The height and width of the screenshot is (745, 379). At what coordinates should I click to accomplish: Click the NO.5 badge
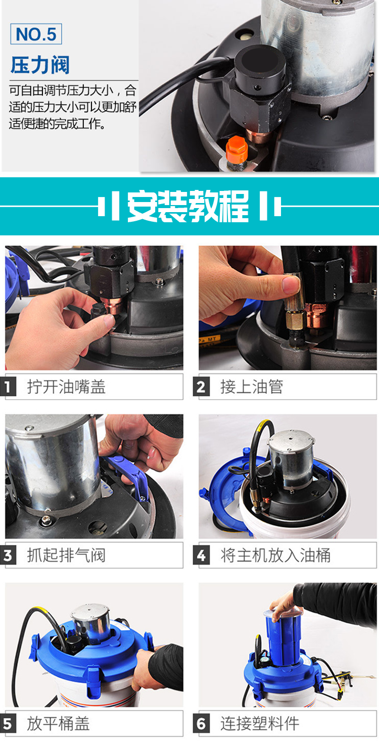36,34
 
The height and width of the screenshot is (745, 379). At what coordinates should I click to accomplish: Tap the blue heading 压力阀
40,65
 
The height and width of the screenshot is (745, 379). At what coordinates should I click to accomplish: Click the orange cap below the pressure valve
236,150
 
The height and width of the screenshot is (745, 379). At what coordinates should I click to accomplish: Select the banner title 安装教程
188,206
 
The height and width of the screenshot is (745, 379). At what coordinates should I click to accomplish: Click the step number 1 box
8,386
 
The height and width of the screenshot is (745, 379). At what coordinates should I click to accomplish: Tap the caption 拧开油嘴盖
66,386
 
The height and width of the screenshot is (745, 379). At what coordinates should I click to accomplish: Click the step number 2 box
201,386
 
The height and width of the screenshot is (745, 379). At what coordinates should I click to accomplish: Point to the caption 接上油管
252,386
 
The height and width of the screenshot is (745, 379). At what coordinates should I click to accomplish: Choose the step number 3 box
8,555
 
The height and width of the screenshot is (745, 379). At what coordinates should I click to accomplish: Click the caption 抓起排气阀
66,555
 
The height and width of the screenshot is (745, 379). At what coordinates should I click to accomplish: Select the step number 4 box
201,555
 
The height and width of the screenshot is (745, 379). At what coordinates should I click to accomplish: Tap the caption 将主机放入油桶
275,555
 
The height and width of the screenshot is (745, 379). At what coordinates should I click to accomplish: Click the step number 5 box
8,724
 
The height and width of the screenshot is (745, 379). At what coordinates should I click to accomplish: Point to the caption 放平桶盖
58,724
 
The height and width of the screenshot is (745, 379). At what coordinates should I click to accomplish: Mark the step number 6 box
201,724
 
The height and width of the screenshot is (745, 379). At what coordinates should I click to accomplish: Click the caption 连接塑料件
260,724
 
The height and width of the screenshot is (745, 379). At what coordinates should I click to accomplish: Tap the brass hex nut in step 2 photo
295,320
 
